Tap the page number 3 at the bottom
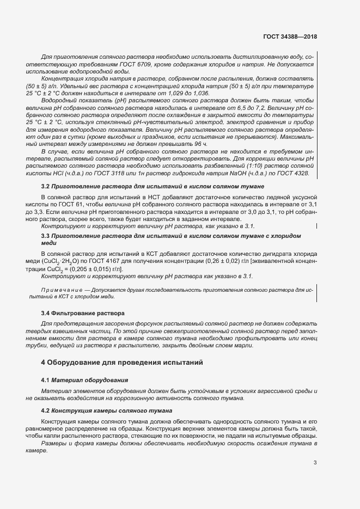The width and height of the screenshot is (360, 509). click(x=315, y=463)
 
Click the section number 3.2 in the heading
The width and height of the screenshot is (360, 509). click(x=46, y=187)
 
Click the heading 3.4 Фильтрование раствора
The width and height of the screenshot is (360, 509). click(x=83, y=314)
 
